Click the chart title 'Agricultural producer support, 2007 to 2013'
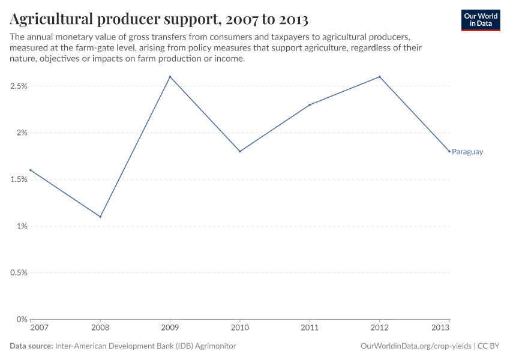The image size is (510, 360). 159,19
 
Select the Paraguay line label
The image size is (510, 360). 467,152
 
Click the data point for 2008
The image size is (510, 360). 100,217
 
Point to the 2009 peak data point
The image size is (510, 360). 170,77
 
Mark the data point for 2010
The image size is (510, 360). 240,151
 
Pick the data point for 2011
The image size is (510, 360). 310,105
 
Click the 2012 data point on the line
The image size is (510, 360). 379,77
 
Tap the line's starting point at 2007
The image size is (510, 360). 31,170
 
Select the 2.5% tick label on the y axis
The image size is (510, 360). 19,86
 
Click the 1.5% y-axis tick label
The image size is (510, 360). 19,179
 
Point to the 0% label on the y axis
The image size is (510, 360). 22,319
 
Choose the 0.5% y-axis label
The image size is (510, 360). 19,272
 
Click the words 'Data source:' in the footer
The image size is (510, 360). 31,346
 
